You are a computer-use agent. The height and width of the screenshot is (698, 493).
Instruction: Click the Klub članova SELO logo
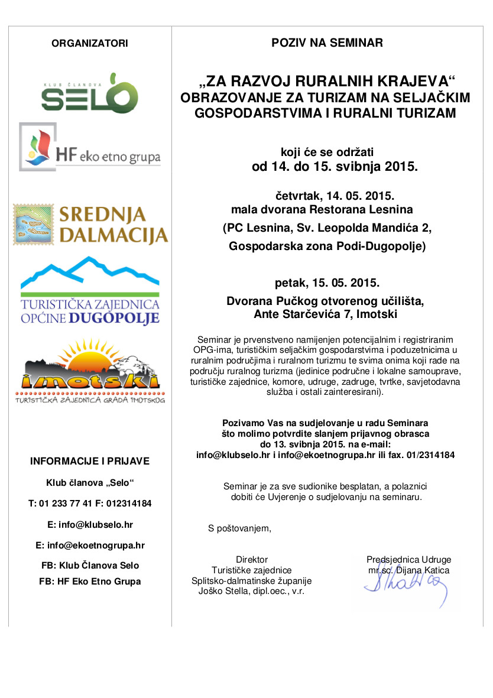point(89,93)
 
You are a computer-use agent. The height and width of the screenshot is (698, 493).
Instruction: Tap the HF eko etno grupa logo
point(90,147)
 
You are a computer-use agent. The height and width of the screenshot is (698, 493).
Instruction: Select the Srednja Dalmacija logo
point(90,225)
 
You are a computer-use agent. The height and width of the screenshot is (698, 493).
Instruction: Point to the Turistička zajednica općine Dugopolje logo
point(90,291)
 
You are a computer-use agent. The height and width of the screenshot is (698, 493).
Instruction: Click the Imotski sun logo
point(90,370)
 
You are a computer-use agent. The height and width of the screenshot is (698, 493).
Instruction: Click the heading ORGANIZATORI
point(90,43)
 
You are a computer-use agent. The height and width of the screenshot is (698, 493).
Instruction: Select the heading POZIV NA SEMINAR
point(327,43)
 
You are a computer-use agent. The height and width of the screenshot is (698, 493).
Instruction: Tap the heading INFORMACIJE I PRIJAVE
point(90,461)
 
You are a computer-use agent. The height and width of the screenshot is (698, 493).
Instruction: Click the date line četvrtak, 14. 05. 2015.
point(335,194)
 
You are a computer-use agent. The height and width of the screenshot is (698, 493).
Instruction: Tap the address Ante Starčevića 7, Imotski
point(326,314)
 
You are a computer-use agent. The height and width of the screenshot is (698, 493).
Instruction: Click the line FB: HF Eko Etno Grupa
point(90,582)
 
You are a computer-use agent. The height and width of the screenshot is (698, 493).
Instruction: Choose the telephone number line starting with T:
point(90,504)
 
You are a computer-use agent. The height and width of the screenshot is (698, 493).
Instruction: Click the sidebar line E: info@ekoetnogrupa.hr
point(90,546)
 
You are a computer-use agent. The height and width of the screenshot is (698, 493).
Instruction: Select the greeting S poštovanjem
point(239,528)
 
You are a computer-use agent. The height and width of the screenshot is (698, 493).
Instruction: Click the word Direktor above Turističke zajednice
point(252,560)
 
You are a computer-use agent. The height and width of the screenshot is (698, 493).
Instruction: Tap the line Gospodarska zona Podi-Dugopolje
point(327,246)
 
